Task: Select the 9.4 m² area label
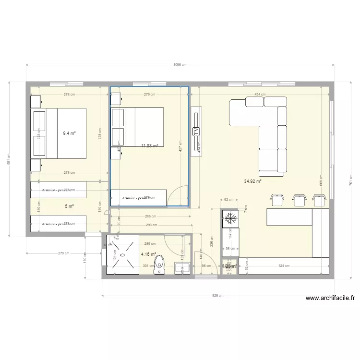pyautogui.click(x=70, y=134)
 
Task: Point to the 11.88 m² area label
pyautogui.click(x=149, y=145)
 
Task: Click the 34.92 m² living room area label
pyautogui.click(x=252, y=181)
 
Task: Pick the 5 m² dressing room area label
pyautogui.click(x=69, y=206)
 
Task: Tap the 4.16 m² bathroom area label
pyautogui.click(x=148, y=254)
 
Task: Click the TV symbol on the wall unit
pyautogui.click(x=196, y=131)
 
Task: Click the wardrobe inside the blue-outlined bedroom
pyautogui.click(x=138, y=197)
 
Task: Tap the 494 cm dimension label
pyautogui.click(x=260, y=95)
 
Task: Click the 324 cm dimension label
pyautogui.click(x=284, y=265)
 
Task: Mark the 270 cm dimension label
pyautogui.click(x=64, y=253)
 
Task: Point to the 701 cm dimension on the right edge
pyautogui.click(x=351, y=180)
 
